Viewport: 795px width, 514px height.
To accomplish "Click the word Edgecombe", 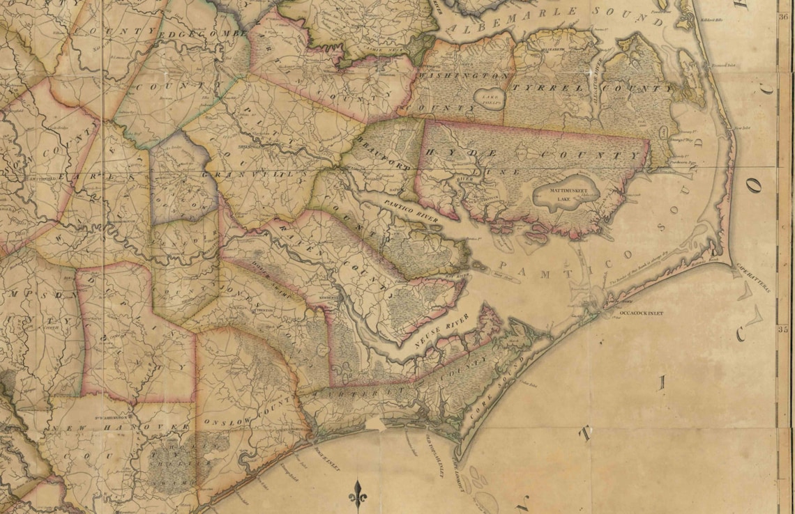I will tap(204, 33).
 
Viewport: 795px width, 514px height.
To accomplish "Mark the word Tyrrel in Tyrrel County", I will tap(542, 87).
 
